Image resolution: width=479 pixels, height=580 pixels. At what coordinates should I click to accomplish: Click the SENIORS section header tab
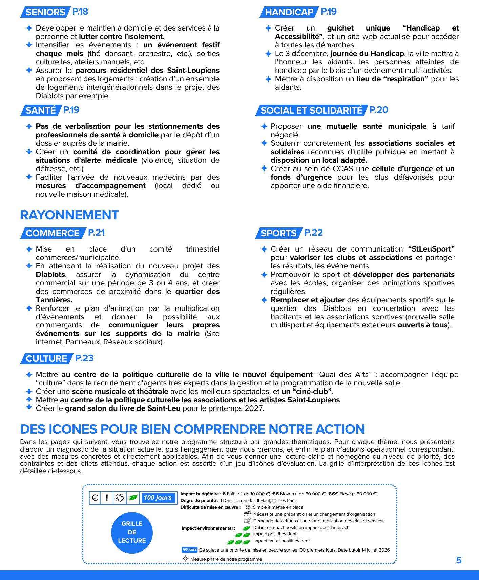[45, 12]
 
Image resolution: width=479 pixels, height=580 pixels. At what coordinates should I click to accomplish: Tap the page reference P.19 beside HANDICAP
[329, 12]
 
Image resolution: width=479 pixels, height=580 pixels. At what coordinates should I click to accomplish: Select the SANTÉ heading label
[41, 111]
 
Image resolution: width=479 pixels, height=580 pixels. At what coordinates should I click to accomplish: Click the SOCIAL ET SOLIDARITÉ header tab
[311, 111]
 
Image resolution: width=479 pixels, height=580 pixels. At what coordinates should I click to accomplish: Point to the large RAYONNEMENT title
[69, 215]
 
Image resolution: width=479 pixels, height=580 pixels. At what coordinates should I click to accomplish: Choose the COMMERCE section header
[52, 233]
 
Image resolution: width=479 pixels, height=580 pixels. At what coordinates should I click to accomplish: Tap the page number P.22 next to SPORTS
[313, 233]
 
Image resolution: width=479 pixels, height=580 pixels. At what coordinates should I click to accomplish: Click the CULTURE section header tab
[46, 359]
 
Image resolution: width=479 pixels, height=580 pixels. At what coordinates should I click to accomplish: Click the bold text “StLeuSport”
[431, 249]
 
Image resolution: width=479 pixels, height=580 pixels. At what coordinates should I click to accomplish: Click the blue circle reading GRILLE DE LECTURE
[132, 532]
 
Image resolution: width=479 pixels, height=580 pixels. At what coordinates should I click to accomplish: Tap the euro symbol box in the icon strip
[95, 498]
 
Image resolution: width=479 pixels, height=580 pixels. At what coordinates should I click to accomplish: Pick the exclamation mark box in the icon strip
[107, 498]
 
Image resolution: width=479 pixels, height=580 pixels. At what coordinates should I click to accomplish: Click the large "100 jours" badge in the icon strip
[158, 498]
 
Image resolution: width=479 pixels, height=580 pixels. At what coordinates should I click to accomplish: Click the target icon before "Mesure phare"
[185, 559]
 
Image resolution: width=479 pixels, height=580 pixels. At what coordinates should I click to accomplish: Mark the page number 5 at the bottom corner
[459, 560]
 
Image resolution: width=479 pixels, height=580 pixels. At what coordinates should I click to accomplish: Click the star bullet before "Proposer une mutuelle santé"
[264, 126]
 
